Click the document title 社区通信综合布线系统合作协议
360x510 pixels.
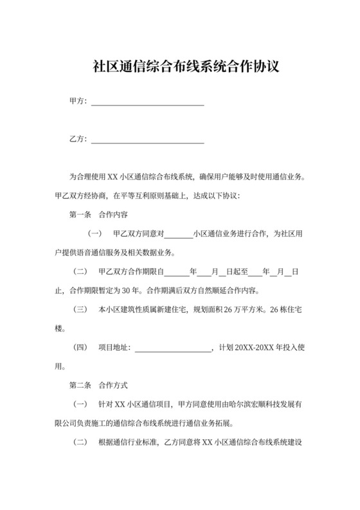pos(180,67)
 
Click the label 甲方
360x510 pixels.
pos(77,101)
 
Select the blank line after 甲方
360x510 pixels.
pos(148,102)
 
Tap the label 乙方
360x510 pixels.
pos(77,139)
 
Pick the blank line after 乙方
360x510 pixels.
pos(148,140)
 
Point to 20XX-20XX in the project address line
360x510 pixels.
pos(256,348)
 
